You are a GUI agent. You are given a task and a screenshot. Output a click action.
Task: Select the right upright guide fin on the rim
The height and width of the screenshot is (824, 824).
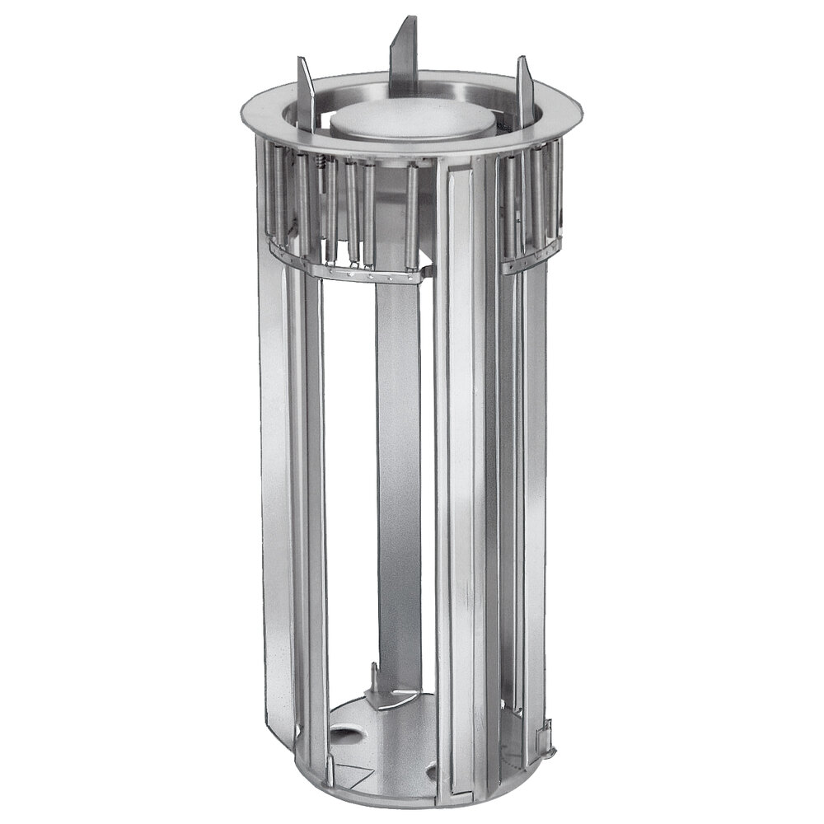(x=525, y=95)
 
